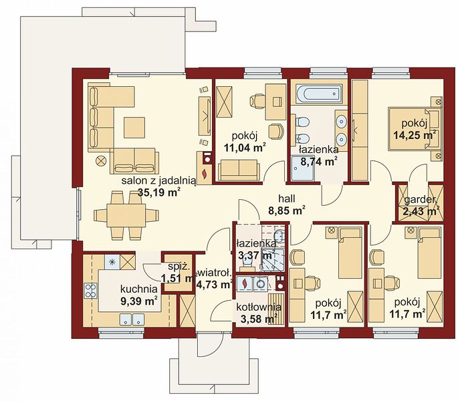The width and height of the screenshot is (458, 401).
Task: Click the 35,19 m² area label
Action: point(158,192)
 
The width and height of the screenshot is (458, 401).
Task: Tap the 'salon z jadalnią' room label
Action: point(158,181)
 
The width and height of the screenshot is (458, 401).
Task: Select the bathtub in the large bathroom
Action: point(318,94)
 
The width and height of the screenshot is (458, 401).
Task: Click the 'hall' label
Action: point(287,198)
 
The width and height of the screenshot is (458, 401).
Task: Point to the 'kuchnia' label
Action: point(139,289)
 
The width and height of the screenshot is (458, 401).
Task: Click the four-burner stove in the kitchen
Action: point(90,291)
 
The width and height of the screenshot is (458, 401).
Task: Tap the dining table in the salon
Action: point(126,216)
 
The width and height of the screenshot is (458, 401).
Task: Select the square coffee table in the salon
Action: point(134,128)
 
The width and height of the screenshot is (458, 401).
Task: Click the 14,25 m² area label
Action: point(415,135)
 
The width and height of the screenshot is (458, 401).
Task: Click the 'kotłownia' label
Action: point(259,307)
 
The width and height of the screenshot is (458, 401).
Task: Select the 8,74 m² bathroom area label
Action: point(319,161)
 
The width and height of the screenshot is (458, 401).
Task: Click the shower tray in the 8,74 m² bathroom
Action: point(303,168)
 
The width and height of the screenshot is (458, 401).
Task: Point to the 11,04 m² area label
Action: point(245,148)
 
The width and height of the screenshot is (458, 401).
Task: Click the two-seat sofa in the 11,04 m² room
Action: point(239,170)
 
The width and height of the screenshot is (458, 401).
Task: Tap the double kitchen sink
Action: point(132,319)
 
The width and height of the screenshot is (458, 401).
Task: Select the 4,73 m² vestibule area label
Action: point(215,284)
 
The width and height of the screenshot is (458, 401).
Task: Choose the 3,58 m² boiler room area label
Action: point(259,319)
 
